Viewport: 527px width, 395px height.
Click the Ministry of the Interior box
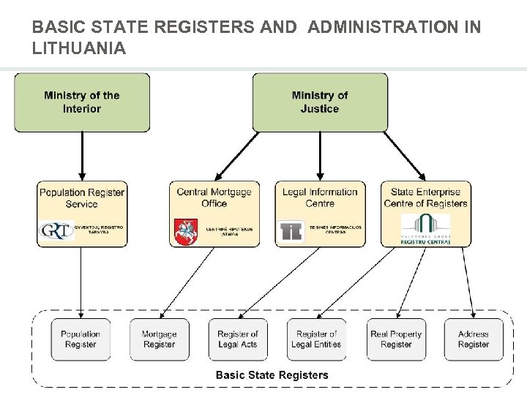pos(82,102)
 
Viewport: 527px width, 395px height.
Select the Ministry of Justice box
pos(319,102)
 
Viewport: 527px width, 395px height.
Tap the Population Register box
pos(81,339)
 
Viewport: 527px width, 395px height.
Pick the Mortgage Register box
pos(159,339)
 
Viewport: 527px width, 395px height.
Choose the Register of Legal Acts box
pos(238,339)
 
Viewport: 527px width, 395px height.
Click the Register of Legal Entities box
pos(316,339)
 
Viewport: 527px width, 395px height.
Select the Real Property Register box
pos(396,339)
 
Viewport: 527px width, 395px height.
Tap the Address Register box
pos(474,339)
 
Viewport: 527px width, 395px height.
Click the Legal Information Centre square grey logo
pos(291,231)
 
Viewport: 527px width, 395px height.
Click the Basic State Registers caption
pos(272,375)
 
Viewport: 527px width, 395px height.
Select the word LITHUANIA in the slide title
pos(79,49)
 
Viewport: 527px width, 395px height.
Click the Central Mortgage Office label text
pos(214,197)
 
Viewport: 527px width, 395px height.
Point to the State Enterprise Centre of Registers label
pos(425,197)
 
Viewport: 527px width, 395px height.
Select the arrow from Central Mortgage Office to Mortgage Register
pos(187,282)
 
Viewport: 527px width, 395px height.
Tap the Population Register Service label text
pos(81,197)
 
